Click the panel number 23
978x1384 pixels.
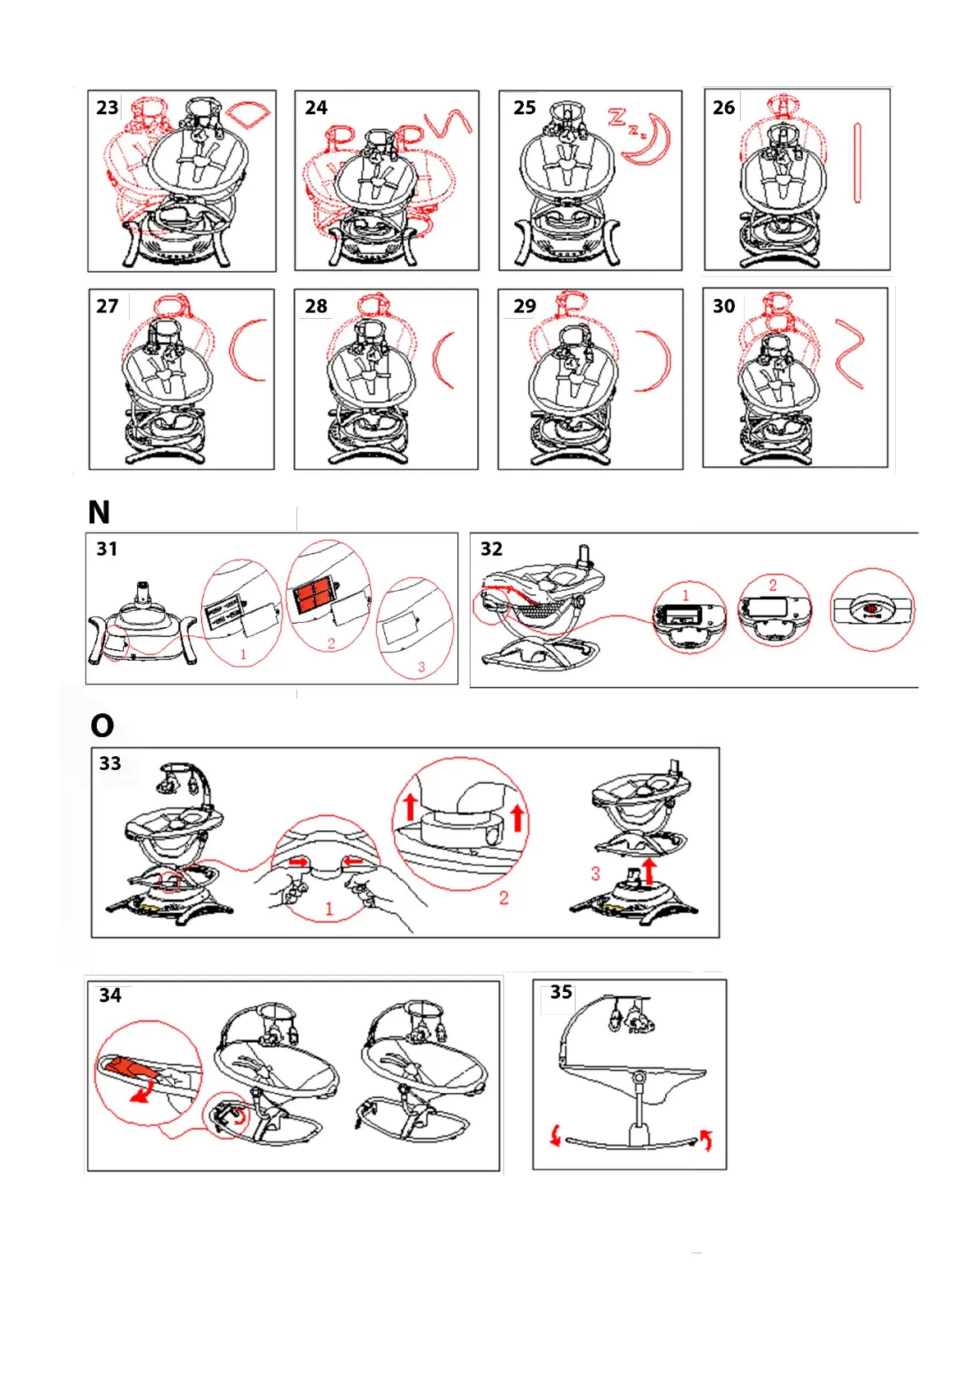[x=107, y=108]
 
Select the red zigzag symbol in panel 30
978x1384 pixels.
[x=850, y=355]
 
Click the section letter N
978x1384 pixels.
[x=99, y=512]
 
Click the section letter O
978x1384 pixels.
[x=103, y=726]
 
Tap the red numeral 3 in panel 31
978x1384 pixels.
[x=422, y=667]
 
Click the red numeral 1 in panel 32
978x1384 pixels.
[x=686, y=595]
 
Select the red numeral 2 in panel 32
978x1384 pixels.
[x=773, y=585]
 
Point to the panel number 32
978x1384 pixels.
[x=492, y=549]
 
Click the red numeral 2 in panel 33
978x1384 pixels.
[x=504, y=897]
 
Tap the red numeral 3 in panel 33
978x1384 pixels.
[x=595, y=874]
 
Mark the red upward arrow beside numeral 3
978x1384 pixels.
[x=648, y=870]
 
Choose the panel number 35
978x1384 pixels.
[x=561, y=992]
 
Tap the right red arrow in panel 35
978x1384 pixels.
[x=706, y=1139]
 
